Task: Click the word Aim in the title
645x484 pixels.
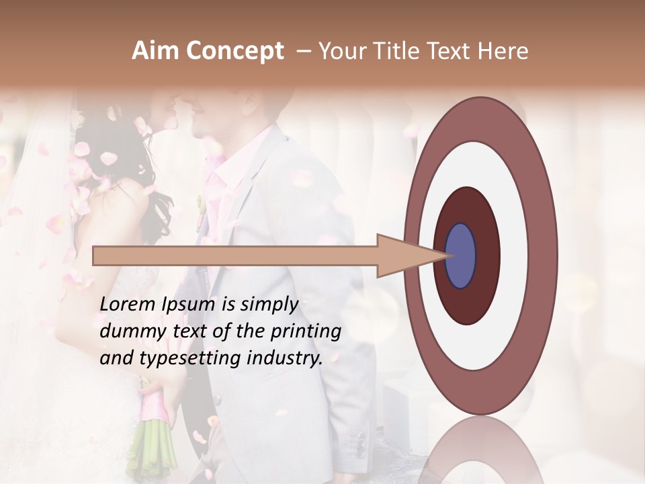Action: (x=156, y=51)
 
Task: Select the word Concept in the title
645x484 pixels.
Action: (x=234, y=52)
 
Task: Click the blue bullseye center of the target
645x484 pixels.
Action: (x=461, y=256)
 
